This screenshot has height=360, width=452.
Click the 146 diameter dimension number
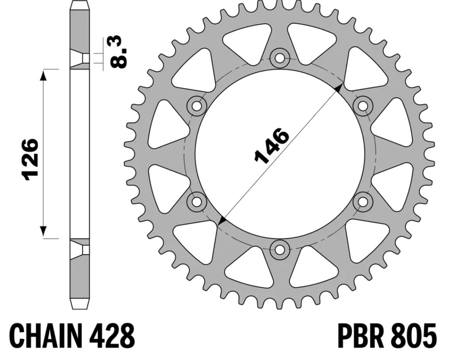point(271,146)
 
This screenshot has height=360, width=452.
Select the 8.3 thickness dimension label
point(119,53)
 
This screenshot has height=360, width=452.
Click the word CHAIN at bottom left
point(44,336)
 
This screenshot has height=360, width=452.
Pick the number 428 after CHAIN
point(110,336)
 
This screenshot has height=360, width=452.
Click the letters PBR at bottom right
point(361,336)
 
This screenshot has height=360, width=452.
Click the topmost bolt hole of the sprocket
point(279,58)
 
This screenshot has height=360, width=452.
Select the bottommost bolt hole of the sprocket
point(279,250)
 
